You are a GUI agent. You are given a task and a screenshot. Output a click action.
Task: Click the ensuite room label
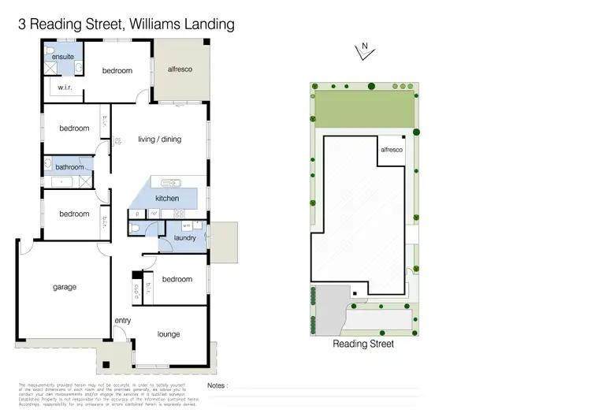(63, 58)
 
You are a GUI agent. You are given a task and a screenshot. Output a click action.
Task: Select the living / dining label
(159, 140)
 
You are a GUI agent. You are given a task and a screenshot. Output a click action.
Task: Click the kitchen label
(167, 198)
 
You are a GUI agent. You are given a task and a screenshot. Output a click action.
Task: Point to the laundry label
(184, 237)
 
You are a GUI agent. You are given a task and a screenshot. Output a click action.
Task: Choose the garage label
(65, 287)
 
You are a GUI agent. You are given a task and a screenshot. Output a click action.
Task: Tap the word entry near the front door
(123, 321)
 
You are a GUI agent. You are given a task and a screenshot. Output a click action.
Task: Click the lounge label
(169, 334)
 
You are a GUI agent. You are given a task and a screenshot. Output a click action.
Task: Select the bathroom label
(69, 167)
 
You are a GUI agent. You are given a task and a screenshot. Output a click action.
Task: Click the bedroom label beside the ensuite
(117, 71)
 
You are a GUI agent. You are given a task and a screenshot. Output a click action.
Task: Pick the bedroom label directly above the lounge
(177, 279)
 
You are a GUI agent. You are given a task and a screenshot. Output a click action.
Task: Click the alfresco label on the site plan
(392, 149)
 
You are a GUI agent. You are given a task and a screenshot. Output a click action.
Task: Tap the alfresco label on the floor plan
(179, 69)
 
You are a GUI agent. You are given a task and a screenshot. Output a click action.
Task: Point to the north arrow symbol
(364, 52)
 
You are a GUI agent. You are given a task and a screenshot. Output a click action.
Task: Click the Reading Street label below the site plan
(363, 344)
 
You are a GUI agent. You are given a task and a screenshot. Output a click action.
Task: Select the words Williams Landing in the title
(180, 24)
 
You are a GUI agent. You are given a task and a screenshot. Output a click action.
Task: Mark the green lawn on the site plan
(362, 106)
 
